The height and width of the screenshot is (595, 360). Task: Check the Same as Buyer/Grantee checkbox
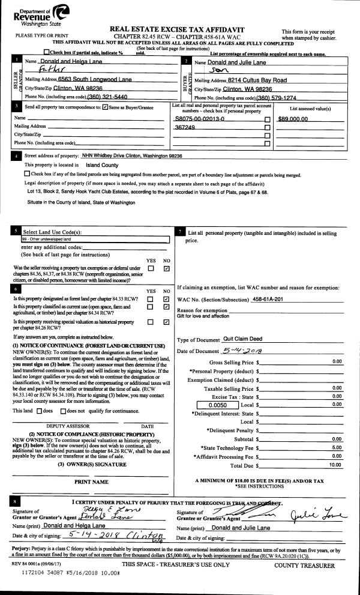click(105, 107)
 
